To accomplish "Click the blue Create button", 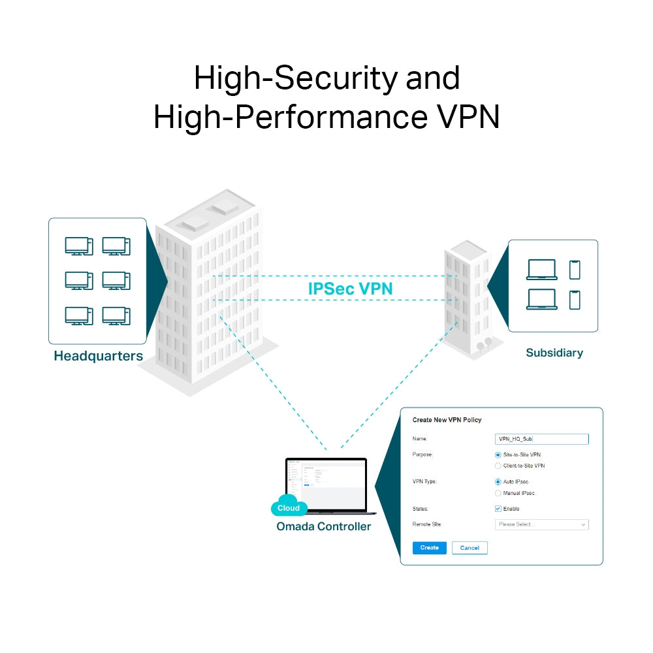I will (x=430, y=548).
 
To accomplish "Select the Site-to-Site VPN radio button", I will (x=498, y=454).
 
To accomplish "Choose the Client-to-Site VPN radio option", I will (x=498, y=466).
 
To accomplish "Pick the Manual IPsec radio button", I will (x=498, y=493).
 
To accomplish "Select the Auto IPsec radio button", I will (x=498, y=482).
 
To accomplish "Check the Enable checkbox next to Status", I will (x=498, y=509).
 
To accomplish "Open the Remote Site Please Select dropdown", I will (x=542, y=524).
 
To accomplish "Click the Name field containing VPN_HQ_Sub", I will (x=542, y=439).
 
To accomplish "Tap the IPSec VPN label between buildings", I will (x=350, y=289).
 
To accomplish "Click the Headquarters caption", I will (x=98, y=357).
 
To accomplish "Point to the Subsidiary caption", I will (x=554, y=353).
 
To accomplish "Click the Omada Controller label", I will (x=323, y=526).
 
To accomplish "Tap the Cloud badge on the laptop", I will (x=289, y=508).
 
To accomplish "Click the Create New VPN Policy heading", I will (x=447, y=420).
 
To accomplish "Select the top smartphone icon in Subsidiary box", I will (x=575, y=270).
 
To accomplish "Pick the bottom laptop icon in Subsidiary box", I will (x=542, y=299).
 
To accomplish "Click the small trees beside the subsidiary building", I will (x=485, y=342).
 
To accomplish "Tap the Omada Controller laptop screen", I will (x=326, y=483).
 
